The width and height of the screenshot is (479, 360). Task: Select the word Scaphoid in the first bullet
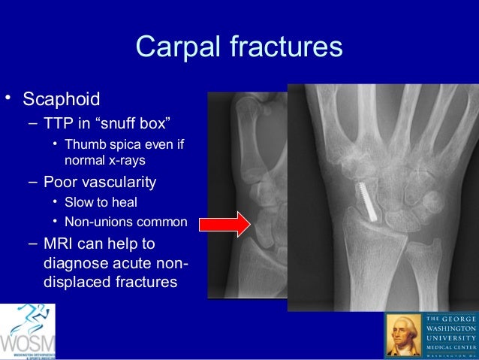tap(62, 99)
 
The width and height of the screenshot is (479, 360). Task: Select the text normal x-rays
tap(104, 160)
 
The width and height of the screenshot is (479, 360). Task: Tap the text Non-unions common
tap(125, 222)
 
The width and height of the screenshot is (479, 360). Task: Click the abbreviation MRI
tap(61, 244)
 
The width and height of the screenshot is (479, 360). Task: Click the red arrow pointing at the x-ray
tap(225, 224)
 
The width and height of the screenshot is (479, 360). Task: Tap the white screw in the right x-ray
tap(366, 199)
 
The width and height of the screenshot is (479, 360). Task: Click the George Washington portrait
tap(403, 335)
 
